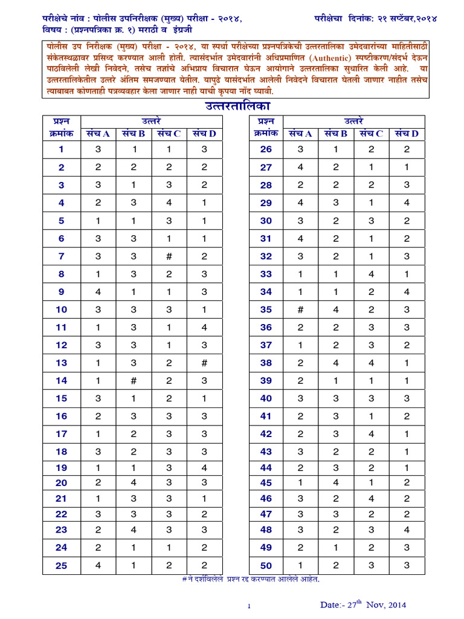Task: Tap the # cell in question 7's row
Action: coord(170,256)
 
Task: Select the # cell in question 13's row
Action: coord(205,363)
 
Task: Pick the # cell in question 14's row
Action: coord(134,381)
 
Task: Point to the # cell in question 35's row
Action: coord(300,309)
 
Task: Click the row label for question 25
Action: coord(62,566)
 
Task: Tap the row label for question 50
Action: coord(266,566)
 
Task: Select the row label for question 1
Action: coord(62,149)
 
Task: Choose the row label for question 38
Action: coord(266,363)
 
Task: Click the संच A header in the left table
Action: coord(98,134)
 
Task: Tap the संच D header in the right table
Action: coord(407,134)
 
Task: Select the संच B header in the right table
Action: coord(336,134)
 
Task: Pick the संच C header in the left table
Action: coord(170,134)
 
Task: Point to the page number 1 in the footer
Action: coord(248,606)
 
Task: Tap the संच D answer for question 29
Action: coord(407,203)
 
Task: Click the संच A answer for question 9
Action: coord(98,292)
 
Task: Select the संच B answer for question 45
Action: coord(336,482)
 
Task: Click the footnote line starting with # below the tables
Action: coord(250,579)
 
